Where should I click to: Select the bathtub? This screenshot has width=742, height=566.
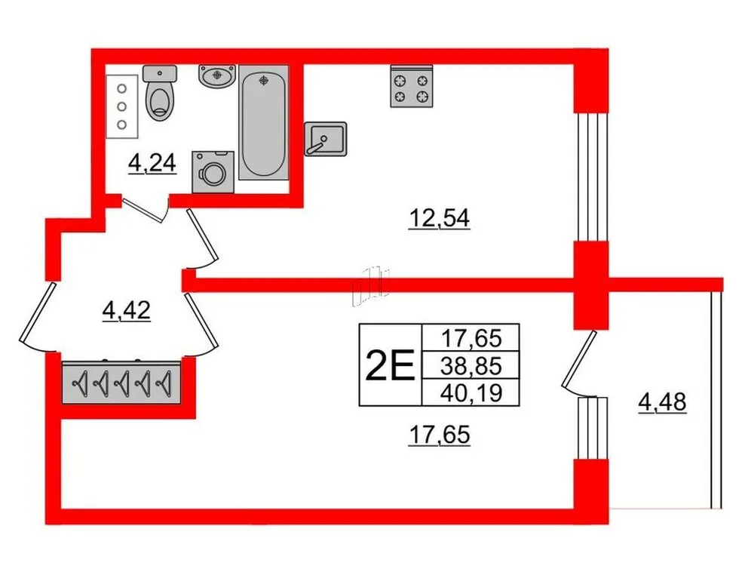pos(263,122)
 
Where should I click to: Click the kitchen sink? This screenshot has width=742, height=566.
pos(325,138)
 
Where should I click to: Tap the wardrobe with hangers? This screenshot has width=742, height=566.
pos(121,383)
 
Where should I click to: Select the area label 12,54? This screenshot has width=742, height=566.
pos(439,218)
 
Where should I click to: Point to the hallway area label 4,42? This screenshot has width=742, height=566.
pos(126,309)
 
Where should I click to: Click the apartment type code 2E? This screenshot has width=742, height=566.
pos(389,367)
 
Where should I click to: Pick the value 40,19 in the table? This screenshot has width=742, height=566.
pos(470,391)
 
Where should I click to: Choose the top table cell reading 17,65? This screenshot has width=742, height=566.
pos(470,337)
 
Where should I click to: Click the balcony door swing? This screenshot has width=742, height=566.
pos(579,365)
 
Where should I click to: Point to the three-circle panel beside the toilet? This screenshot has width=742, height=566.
pos(121,106)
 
